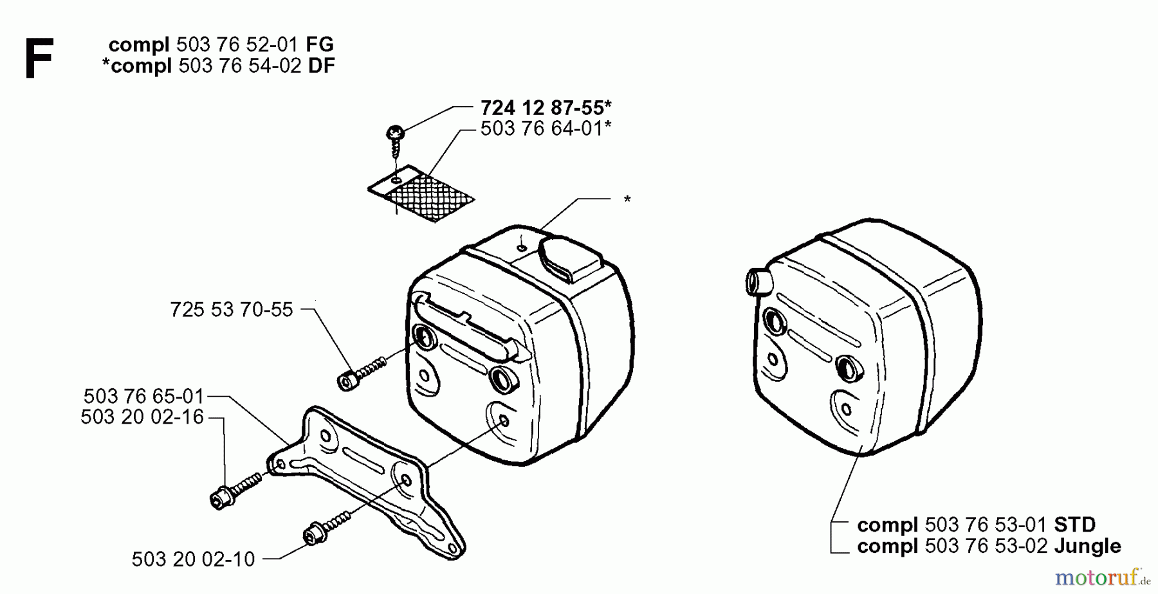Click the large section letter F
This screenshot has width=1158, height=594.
coord(39,58)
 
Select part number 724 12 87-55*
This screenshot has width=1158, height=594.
coord(546,107)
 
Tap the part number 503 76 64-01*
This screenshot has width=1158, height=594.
coord(546,129)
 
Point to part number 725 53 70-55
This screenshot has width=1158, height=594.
coord(232,310)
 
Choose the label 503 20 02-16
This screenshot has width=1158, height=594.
coord(142,417)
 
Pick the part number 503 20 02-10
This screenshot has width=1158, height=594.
coord(194,559)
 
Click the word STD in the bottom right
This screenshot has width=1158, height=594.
coord(1075,525)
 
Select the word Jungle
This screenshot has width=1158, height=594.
coord(1088,546)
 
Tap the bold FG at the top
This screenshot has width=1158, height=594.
coord(320,44)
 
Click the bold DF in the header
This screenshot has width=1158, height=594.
coord(322,66)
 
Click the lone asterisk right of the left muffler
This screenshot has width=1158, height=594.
coord(627,199)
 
